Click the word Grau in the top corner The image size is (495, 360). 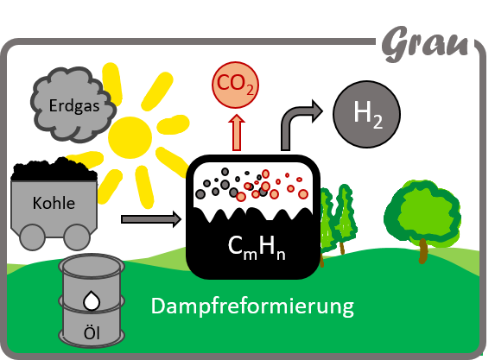(x=425, y=43)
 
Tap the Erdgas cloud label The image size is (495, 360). (x=74, y=105)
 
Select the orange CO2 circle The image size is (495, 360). (x=236, y=85)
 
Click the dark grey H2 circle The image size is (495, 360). (x=367, y=114)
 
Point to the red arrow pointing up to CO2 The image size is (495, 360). (x=237, y=132)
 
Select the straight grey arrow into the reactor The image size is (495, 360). (x=151, y=219)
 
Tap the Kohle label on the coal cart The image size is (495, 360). (x=54, y=203)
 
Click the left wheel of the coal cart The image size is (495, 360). (x=32, y=237)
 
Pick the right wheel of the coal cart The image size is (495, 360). (x=77, y=237)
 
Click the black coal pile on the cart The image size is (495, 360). (x=54, y=170)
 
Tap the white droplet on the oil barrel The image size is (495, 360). (x=92, y=300)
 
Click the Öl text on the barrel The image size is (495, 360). (x=92, y=333)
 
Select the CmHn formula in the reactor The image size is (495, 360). (x=257, y=248)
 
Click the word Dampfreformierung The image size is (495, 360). (x=252, y=306)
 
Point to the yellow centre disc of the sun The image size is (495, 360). (x=130, y=137)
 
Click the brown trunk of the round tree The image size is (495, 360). (x=423, y=251)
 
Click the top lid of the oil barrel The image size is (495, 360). (x=92, y=266)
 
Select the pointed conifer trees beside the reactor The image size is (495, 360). (x=337, y=218)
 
